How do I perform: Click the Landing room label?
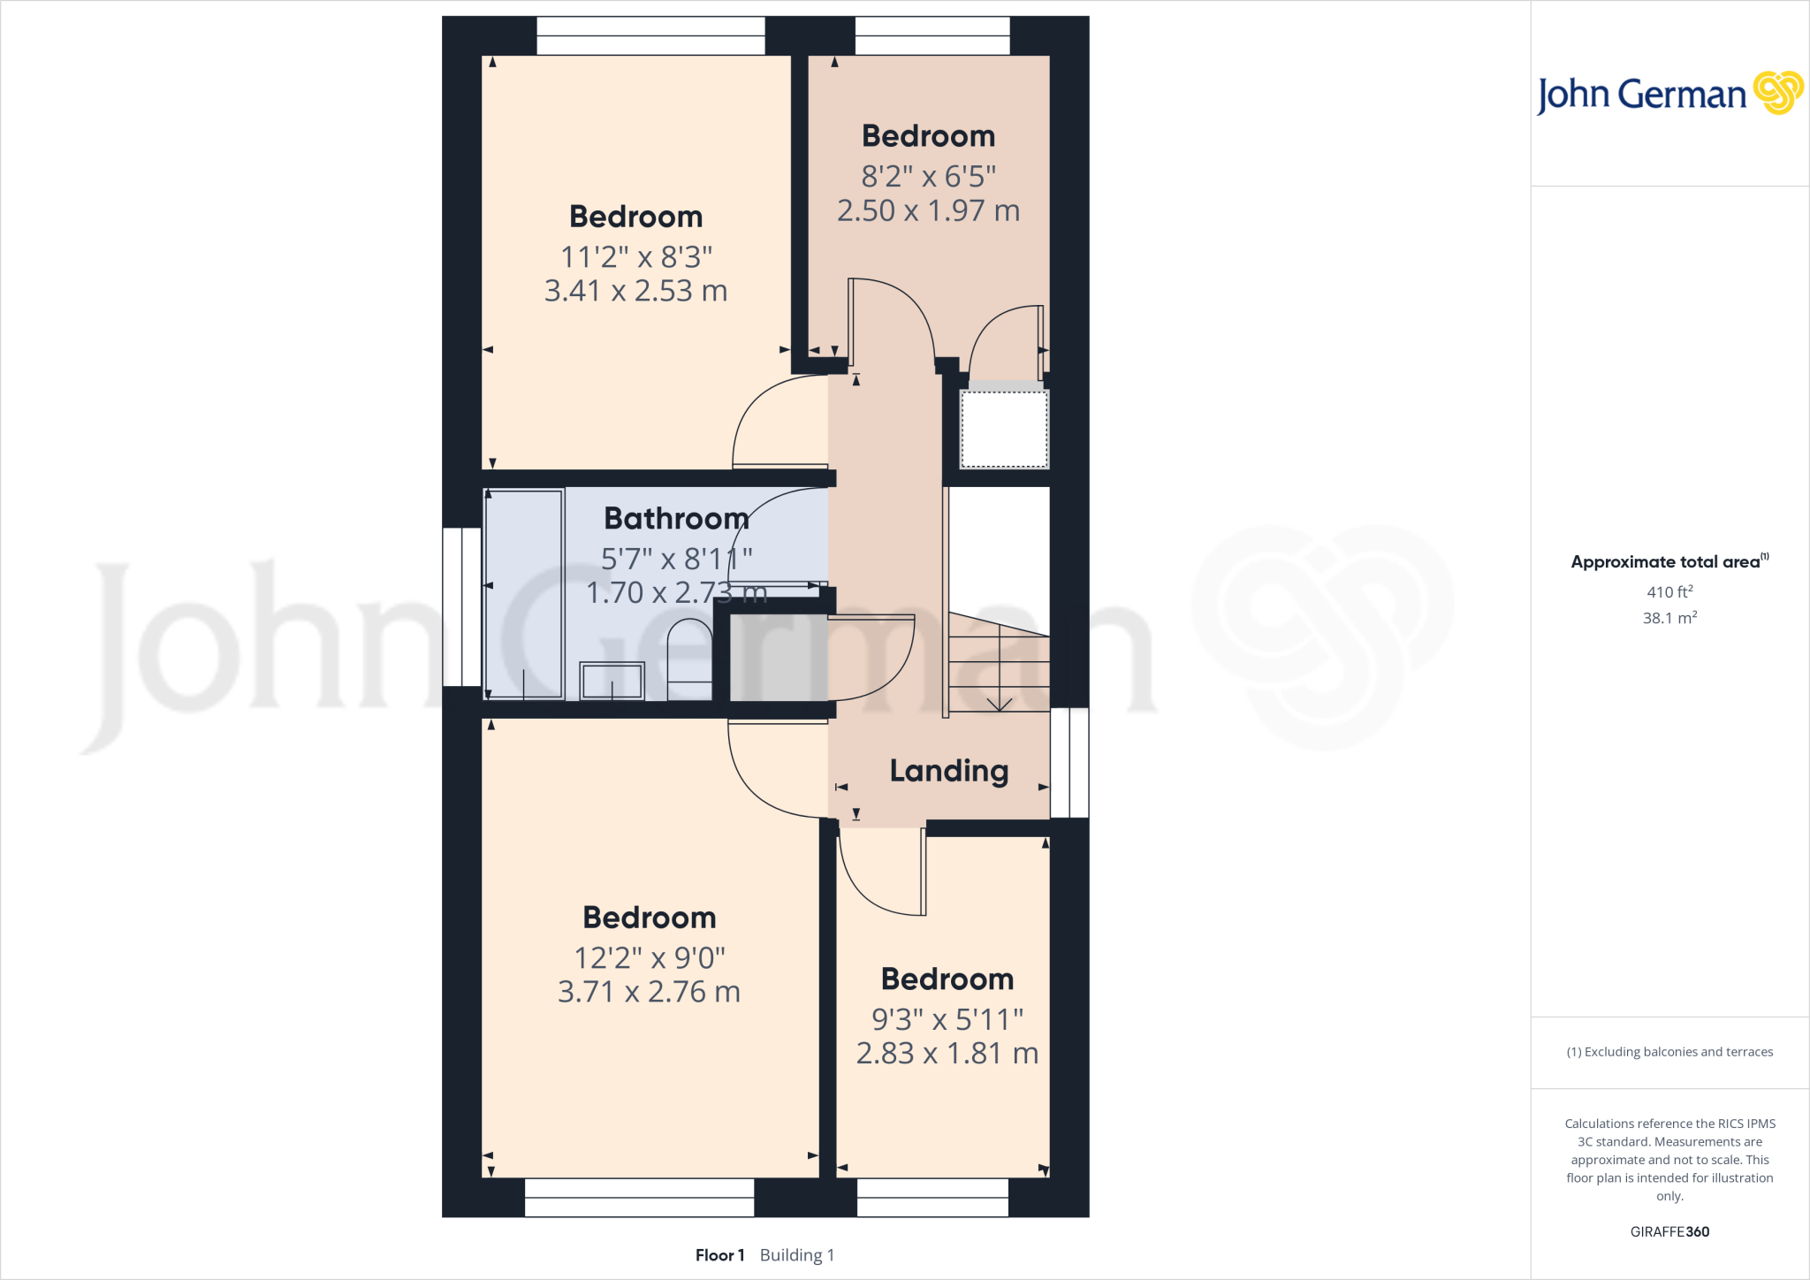[948, 771]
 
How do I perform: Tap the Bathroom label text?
[676, 518]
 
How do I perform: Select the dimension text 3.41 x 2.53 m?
[635, 291]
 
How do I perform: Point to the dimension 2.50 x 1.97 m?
[928, 210]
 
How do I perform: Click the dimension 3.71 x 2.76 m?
[649, 992]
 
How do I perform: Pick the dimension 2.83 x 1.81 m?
[947, 1054]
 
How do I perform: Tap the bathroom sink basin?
[612, 681]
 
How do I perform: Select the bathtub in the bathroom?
[524, 593]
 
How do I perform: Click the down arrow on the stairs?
[1000, 704]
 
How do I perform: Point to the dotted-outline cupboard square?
[1004, 429]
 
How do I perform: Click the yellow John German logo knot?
[1777, 93]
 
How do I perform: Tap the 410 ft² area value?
[1669, 591]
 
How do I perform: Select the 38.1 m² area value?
[1669, 618]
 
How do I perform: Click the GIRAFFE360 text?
[1669, 1231]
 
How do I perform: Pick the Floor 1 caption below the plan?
[719, 1255]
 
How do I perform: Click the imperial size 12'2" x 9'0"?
[650, 957]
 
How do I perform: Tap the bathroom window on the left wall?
[461, 606]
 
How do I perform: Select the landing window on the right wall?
[1069, 762]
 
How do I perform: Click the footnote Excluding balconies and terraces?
[1669, 1052]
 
